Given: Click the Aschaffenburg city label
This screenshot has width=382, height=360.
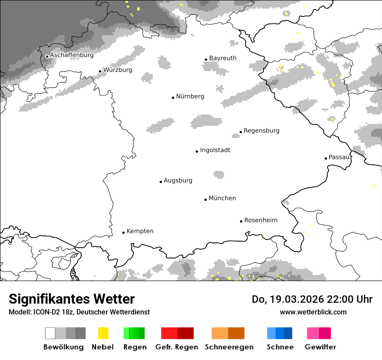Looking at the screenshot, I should [72, 55].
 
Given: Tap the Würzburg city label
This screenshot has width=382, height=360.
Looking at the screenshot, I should [118, 70].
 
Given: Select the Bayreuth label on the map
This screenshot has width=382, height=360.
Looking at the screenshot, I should [223, 58].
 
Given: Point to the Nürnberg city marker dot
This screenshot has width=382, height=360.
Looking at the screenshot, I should [173, 98].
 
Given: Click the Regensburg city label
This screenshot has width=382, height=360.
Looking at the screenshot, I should [261, 131].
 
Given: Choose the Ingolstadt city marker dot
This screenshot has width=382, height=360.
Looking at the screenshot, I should [197, 151].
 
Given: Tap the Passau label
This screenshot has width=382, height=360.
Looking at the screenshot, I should [339, 157].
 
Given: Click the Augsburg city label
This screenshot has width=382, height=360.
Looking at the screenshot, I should [178, 180].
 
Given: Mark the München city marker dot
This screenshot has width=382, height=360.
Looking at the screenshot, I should [205, 200].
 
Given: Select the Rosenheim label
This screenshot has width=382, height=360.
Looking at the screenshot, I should [260, 220].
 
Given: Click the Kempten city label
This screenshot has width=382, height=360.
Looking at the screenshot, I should [140, 231].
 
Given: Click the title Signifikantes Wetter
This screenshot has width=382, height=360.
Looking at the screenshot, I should [72, 299].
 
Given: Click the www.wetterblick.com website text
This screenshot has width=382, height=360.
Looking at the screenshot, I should [313, 312].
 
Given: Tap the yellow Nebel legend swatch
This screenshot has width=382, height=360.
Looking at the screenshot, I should [103, 333].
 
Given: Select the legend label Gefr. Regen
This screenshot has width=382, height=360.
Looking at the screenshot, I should [177, 347].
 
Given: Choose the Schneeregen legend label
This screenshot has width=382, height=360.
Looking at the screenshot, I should [229, 347].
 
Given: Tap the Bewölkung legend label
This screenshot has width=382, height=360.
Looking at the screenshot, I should [63, 347].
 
